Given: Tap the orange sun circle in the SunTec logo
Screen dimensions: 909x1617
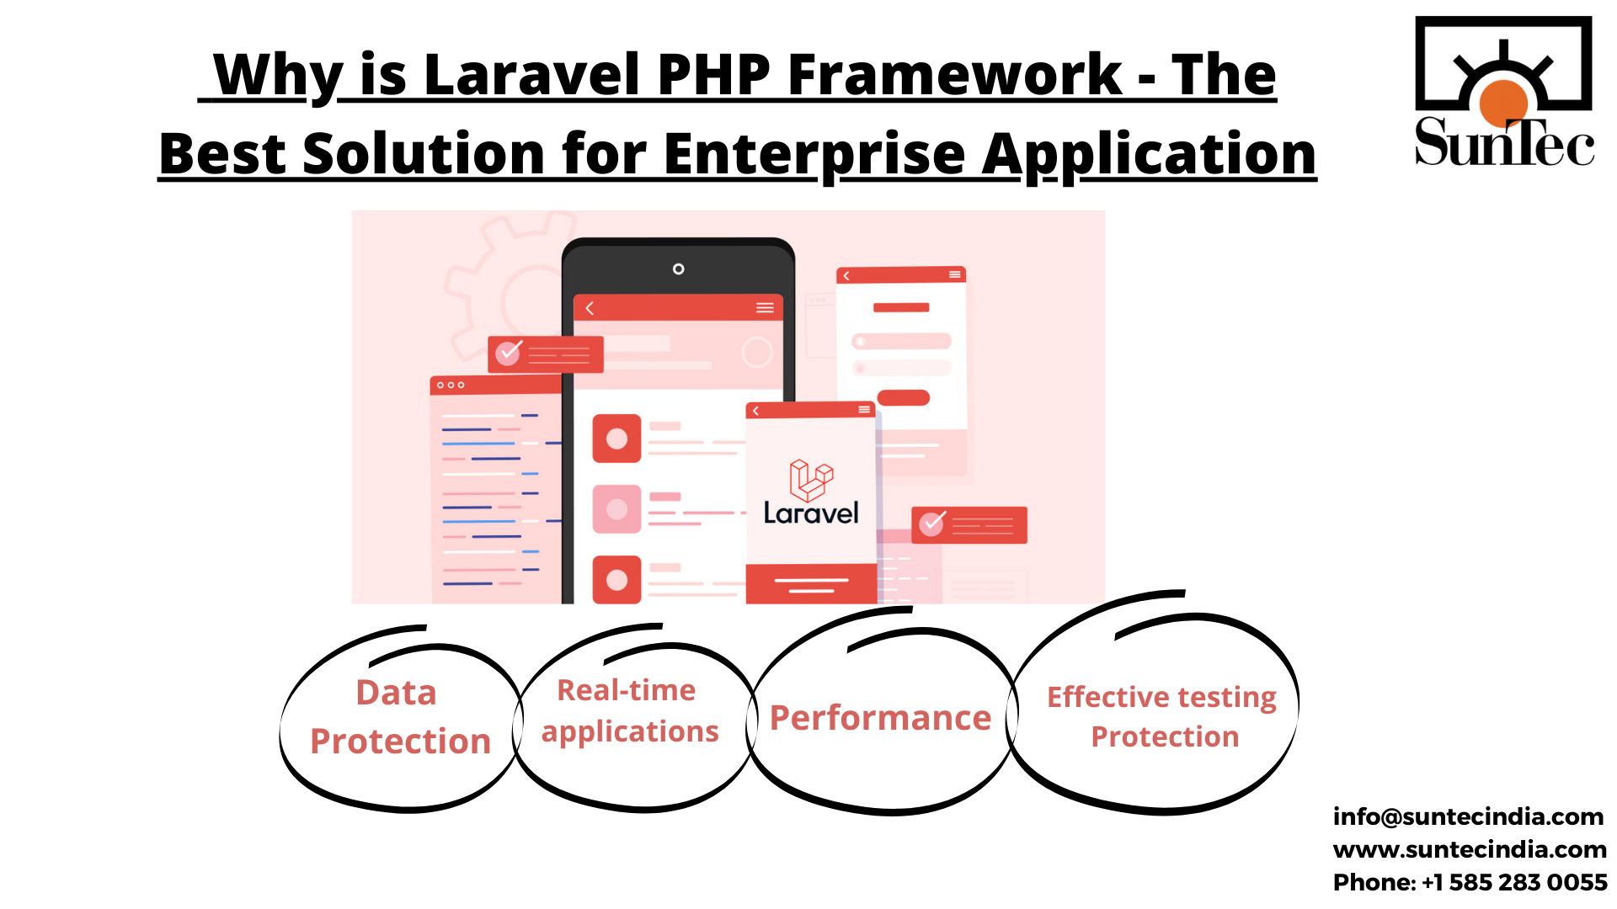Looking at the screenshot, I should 1503,102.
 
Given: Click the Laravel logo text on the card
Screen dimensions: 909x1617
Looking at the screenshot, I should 810,513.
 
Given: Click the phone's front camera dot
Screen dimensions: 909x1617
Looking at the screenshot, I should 678,269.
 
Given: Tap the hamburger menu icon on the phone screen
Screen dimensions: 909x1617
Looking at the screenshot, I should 765,308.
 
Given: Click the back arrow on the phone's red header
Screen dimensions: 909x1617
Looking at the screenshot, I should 590,308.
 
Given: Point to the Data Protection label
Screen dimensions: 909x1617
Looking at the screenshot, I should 399,716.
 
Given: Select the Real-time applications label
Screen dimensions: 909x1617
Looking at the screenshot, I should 629,710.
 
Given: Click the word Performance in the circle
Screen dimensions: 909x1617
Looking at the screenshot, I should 880,718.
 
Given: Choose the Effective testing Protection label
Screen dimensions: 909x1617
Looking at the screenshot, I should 1162,716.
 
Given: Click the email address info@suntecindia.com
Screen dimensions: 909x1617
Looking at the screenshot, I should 1467,816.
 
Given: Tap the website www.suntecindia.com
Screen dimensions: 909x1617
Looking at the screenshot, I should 1469,849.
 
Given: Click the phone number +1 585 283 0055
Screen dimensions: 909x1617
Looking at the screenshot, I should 1513,882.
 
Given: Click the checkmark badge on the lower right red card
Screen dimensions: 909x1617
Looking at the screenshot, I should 931,524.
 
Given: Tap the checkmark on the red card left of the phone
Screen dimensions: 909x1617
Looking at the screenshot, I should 508,353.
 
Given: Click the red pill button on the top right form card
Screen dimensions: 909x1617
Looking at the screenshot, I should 903,397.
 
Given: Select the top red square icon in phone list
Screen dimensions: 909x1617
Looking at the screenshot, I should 616,439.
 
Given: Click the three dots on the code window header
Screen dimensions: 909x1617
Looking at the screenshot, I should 451,385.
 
